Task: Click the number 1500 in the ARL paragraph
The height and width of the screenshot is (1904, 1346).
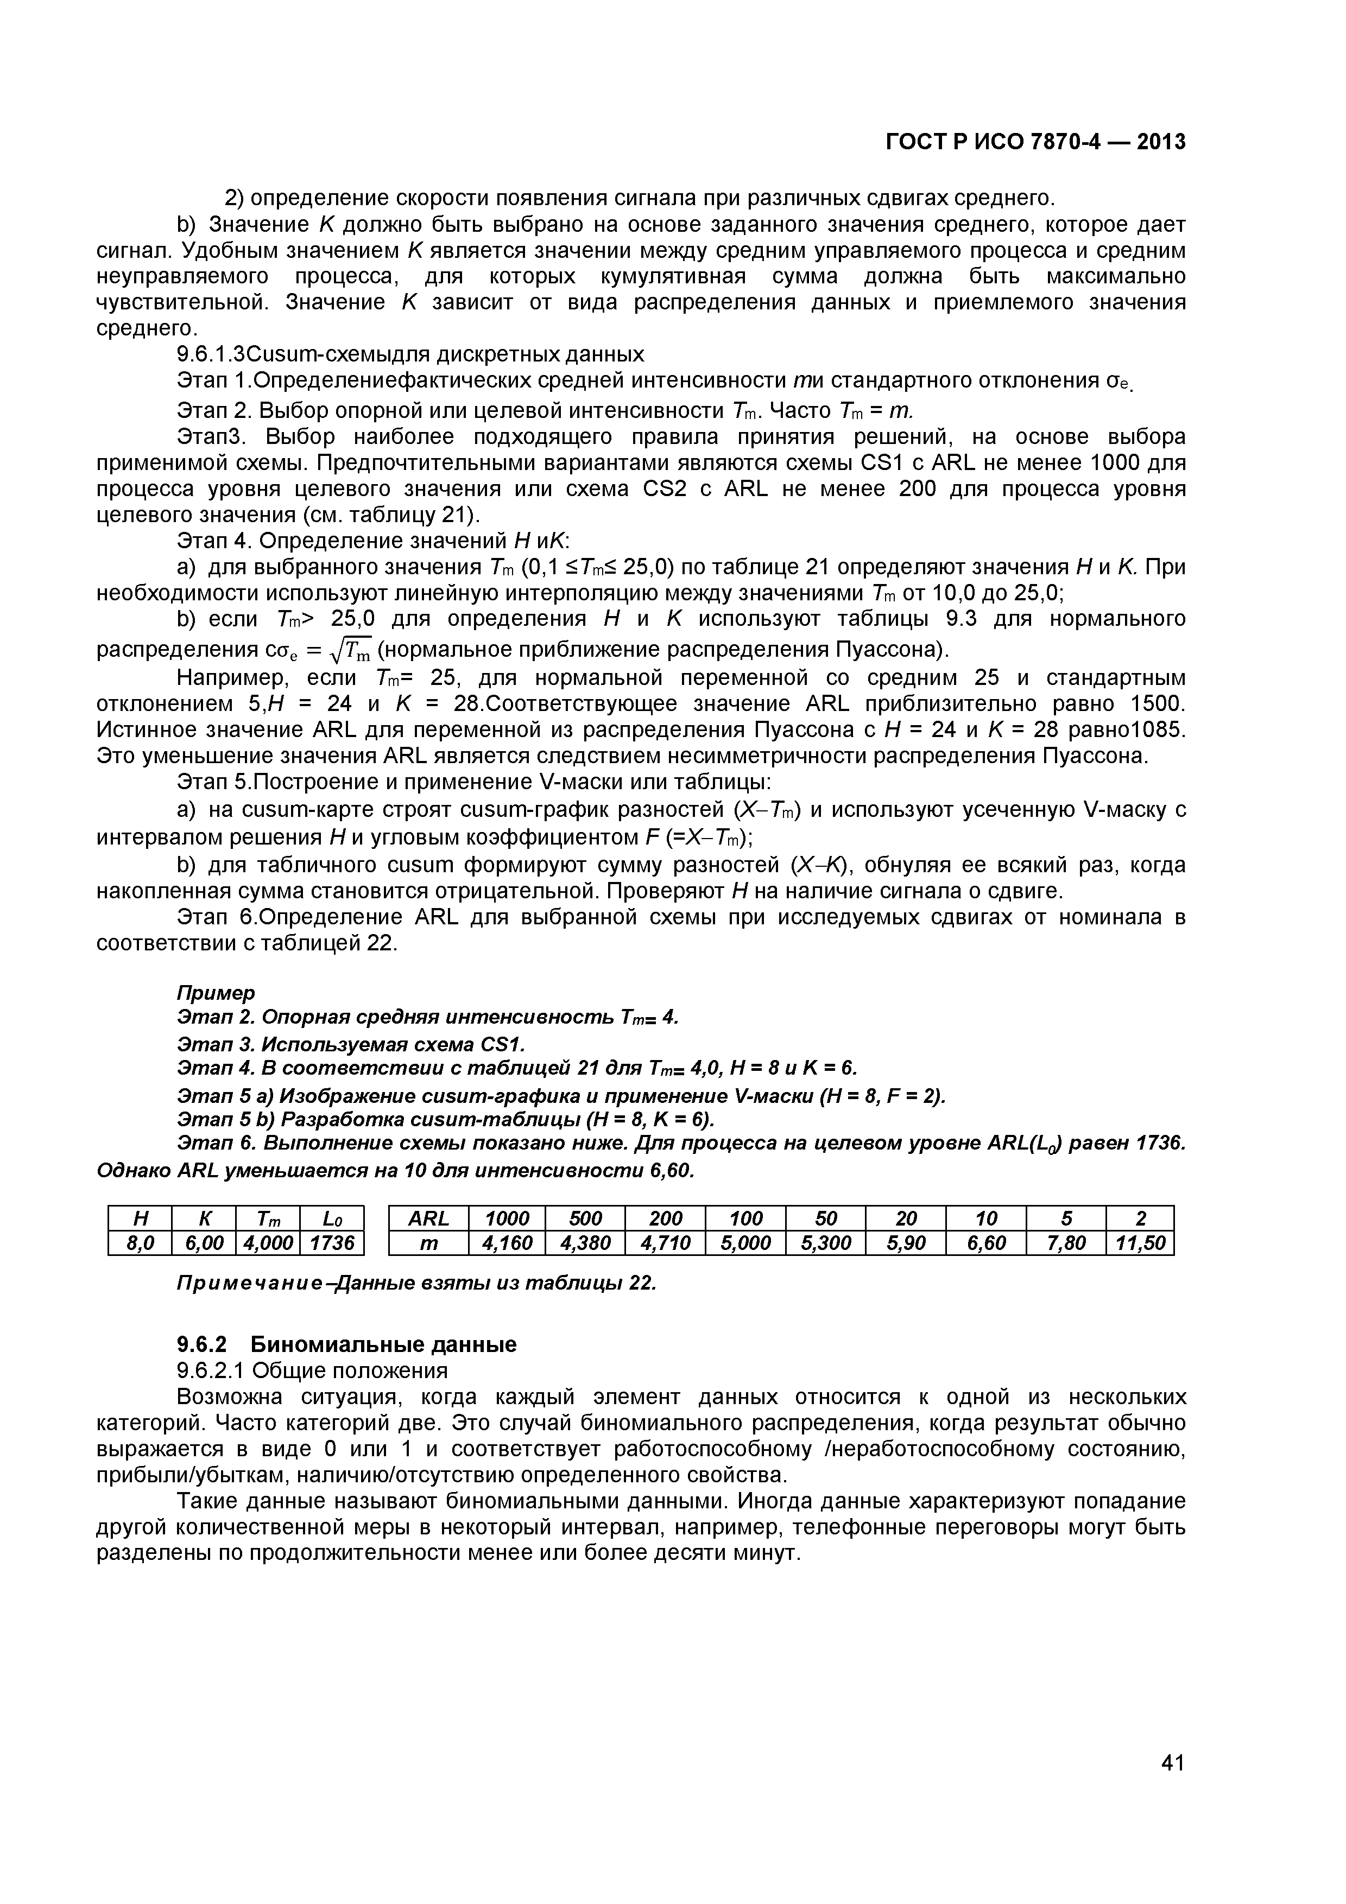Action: point(1158,704)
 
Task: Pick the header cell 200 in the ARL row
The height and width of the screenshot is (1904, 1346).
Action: point(666,1218)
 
